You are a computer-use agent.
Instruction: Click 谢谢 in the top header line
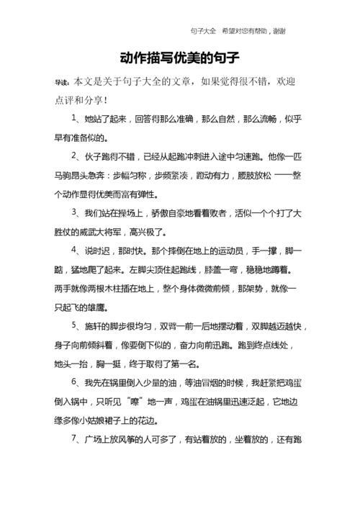(x=279, y=31)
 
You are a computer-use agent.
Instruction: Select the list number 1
(x=74, y=117)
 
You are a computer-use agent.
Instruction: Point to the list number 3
(x=74, y=213)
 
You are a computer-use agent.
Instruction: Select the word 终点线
(x=279, y=344)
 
